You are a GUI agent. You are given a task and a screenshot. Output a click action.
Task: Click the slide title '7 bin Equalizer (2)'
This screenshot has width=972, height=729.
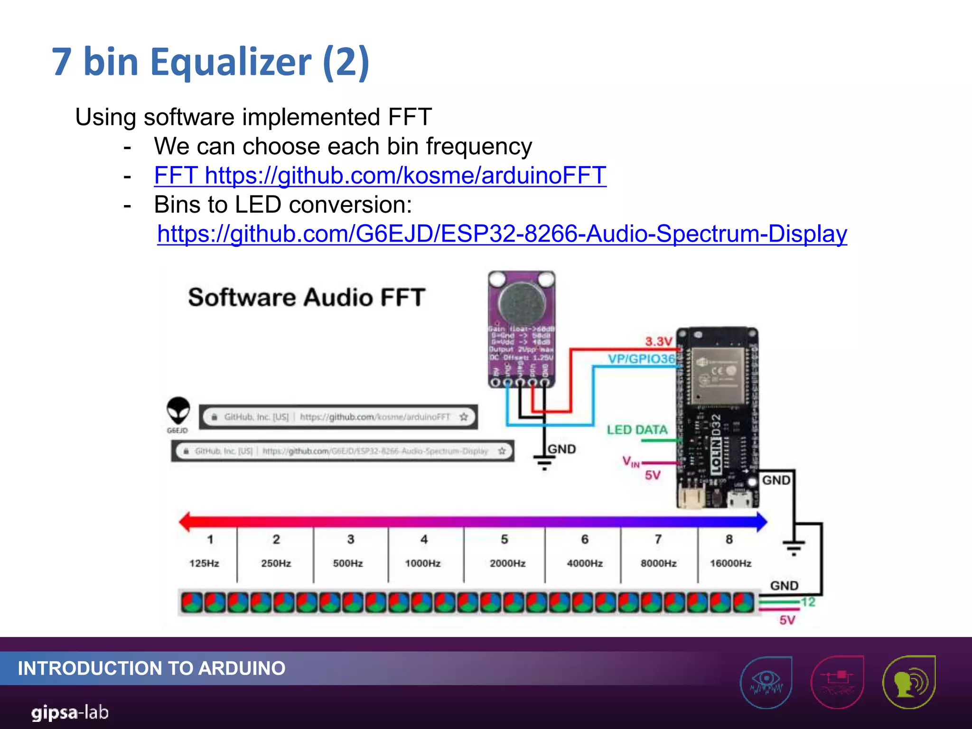point(210,62)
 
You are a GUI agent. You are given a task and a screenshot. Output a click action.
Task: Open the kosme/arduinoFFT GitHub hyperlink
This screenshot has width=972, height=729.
point(380,176)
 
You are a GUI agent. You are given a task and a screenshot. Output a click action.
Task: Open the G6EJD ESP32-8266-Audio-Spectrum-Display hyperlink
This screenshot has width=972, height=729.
point(502,234)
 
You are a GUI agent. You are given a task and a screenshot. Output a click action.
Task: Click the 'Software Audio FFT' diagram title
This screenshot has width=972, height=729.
point(306,298)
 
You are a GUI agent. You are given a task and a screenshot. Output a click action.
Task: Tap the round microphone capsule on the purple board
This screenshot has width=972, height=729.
point(522,303)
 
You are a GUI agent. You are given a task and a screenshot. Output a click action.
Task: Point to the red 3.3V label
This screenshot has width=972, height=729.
point(658,341)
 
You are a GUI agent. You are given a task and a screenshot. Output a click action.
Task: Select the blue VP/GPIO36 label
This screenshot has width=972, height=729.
point(641,359)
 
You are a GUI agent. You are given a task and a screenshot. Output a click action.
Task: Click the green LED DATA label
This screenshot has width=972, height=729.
point(637,430)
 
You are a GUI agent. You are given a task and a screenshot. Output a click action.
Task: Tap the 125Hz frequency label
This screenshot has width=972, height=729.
point(204,563)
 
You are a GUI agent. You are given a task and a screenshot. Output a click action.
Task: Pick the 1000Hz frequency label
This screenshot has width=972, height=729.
point(422,563)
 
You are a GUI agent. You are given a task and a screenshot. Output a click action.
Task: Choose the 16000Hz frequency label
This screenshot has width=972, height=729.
point(730,563)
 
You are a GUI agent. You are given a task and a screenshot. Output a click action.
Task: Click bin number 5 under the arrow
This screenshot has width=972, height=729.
point(504,539)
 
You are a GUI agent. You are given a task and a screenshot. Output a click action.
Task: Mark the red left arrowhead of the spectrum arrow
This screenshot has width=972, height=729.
point(186,522)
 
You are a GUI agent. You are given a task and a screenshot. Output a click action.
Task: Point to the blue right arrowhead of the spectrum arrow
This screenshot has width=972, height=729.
point(760,522)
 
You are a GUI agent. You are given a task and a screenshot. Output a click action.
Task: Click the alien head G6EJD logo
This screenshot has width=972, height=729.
point(178,411)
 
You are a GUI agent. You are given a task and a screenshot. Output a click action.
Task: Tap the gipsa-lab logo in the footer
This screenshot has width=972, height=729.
point(70,712)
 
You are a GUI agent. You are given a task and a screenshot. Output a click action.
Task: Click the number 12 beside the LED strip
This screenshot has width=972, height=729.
point(808,602)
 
